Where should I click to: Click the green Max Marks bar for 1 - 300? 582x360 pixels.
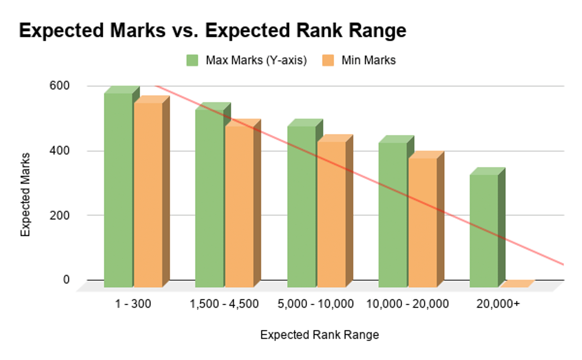coord(118,189)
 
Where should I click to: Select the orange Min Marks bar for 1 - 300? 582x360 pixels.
coord(148,194)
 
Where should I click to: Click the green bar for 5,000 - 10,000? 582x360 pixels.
coord(301,206)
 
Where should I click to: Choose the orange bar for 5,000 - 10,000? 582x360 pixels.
coord(331,214)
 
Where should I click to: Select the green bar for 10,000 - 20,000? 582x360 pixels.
coord(392,214)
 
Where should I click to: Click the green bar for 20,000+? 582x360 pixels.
coord(484,230)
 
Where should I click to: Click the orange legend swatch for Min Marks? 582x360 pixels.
coord(327,61)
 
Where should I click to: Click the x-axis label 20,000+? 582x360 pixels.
coord(500,304)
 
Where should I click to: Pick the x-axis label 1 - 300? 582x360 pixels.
coord(133,304)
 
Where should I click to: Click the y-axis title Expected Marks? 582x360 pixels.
coord(26,195)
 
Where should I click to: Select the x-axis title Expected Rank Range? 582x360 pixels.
coord(320,335)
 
